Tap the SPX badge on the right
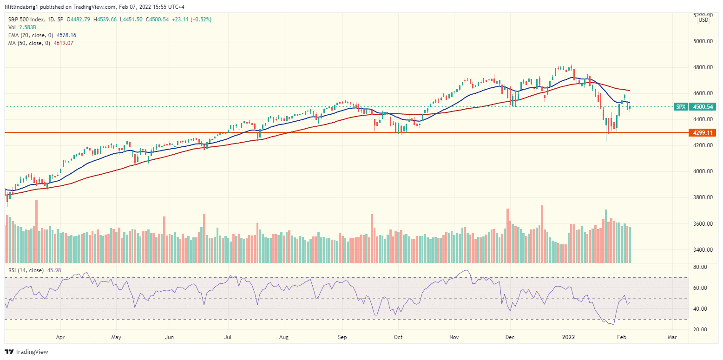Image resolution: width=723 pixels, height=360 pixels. point(681,106)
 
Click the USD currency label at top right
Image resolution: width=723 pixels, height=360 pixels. point(703,20)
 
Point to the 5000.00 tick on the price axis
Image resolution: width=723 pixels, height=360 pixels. point(703,41)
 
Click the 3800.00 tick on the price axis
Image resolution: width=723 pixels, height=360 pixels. point(703,197)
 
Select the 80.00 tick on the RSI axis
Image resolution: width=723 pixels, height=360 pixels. point(700,267)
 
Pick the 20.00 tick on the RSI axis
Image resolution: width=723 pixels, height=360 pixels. point(700,329)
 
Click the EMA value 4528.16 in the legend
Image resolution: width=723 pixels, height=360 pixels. point(66,35)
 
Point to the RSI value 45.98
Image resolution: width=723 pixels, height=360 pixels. point(53,270)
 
